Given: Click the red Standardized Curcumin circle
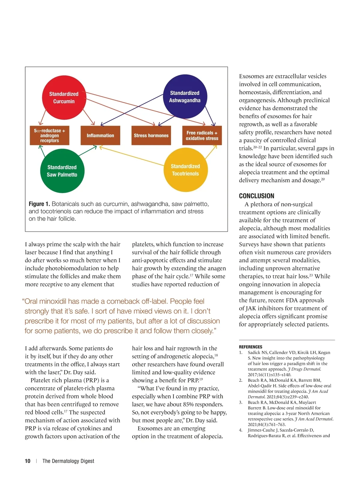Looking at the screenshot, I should point(64,98).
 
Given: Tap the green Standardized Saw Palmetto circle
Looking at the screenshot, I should point(62,171).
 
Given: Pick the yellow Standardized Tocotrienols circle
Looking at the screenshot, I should point(185,170).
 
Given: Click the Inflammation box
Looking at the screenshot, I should point(100,136).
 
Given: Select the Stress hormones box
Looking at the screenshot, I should point(151,136).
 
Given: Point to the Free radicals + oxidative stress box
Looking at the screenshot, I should point(202,136).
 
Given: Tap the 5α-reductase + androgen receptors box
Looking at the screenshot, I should point(49,136).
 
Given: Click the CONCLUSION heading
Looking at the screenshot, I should point(256,196).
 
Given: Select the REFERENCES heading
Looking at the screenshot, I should point(250,347).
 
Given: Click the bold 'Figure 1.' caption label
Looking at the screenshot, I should point(39,204).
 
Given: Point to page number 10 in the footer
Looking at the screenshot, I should point(28,461).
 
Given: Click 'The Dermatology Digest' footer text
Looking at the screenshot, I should point(68,461).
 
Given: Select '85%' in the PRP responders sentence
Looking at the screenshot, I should point(187,405).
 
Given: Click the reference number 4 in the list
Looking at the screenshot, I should point(241,430).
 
